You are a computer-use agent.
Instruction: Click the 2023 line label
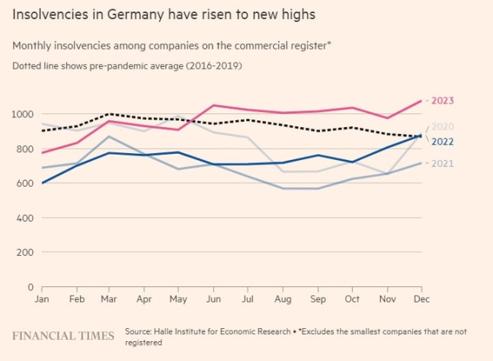coord(443,101)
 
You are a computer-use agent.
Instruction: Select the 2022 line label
coord(443,142)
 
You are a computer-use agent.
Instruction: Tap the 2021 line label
coord(443,164)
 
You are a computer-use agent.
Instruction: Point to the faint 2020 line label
coord(443,126)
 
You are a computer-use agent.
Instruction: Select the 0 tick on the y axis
coord(30,287)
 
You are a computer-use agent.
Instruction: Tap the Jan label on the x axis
coord(42,299)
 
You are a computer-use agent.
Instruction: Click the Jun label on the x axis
coord(214,299)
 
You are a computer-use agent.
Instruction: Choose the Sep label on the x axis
coord(318,299)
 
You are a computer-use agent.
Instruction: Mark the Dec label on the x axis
coord(421,299)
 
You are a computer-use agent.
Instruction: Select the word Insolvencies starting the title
coord(48,14)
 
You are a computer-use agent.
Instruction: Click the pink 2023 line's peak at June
coord(214,105)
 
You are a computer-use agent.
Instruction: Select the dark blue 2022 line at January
coord(42,183)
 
